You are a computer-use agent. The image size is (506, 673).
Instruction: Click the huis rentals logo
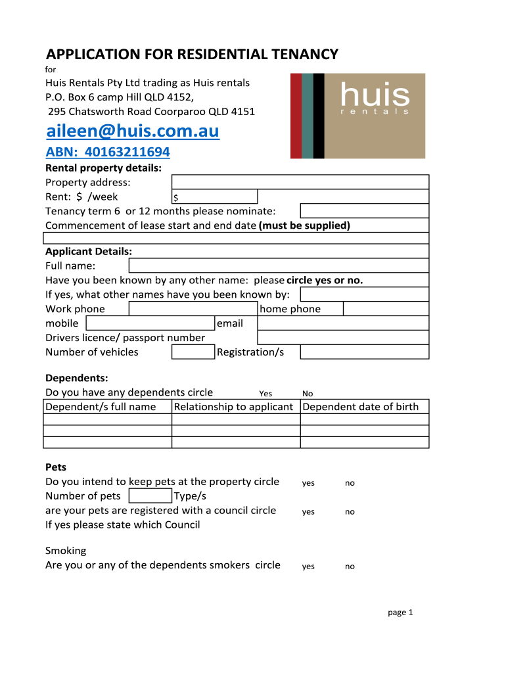[x=358, y=116]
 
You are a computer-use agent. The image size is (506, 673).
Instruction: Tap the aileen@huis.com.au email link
[x=132, y=131]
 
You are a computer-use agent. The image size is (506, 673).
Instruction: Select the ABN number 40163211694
[x=107, y=152]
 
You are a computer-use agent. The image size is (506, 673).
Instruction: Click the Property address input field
[x=300, y=182]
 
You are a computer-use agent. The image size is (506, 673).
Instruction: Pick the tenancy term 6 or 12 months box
[x=364, y=211]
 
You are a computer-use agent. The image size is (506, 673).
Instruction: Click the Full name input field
[x=279, y=266]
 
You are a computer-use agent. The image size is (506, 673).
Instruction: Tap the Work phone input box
[x=193, y=309]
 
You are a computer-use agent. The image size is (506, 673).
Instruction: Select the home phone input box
[x=386, y=309]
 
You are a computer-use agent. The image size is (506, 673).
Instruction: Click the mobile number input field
[x=150, y=323]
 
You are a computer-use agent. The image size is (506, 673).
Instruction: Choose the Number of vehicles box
[x=193, y=352]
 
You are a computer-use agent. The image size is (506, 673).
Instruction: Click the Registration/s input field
[x=364, y=352]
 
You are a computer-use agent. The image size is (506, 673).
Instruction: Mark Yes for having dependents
[x=265, y=394]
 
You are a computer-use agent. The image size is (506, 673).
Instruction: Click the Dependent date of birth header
[x=361, y=407]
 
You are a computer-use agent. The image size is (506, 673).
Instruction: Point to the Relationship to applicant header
[x=233, y=407]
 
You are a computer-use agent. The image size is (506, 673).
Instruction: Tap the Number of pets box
[x=150, y=496]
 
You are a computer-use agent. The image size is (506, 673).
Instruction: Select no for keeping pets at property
[x=350, y=483]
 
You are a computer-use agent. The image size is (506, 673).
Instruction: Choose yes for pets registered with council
[x=308, y=512]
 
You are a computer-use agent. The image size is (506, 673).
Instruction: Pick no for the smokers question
[x=350, y=567]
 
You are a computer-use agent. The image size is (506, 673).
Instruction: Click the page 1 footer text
[x=400, y=613]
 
